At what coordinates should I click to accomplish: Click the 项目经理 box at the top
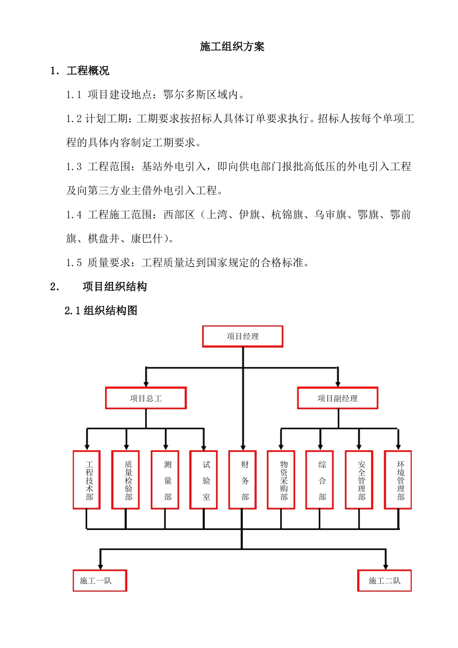coord(242,337)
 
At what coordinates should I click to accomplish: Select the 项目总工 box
coord(146,398)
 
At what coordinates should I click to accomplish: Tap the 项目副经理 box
coord(337,398)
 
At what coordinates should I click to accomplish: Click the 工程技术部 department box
coord(87,480)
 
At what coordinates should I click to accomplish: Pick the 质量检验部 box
coord(126,480)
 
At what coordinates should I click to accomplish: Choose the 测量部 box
coord(165,480)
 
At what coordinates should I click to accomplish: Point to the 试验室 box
coord(204,480)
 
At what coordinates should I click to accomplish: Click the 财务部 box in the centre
coord(242,480)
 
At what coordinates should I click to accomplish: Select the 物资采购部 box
coord(281,480)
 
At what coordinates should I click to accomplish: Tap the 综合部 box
coord(320,480)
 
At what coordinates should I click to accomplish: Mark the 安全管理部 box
coord(359,480)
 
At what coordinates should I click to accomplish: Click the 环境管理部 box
coord(398,480)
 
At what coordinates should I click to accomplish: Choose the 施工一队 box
coord(100,580)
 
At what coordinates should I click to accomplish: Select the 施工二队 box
coord(384,580)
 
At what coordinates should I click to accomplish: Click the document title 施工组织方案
coord(232,47)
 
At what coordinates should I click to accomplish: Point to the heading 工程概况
coord(88,71)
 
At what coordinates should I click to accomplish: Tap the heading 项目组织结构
coord(115,287)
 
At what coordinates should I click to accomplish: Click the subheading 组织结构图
coord(110,310)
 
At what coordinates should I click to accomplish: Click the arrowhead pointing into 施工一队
coord(100,566)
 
